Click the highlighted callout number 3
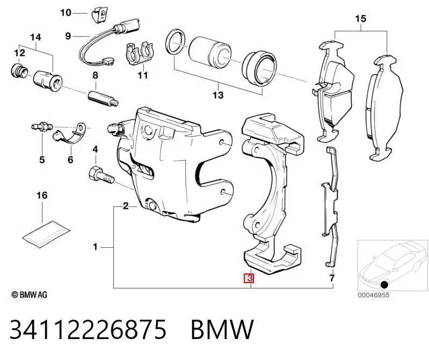[x=249, y=278]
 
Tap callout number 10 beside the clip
[x=66, y=12]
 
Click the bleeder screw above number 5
[x=41, y=127]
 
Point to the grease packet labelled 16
[x=46, y=233]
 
